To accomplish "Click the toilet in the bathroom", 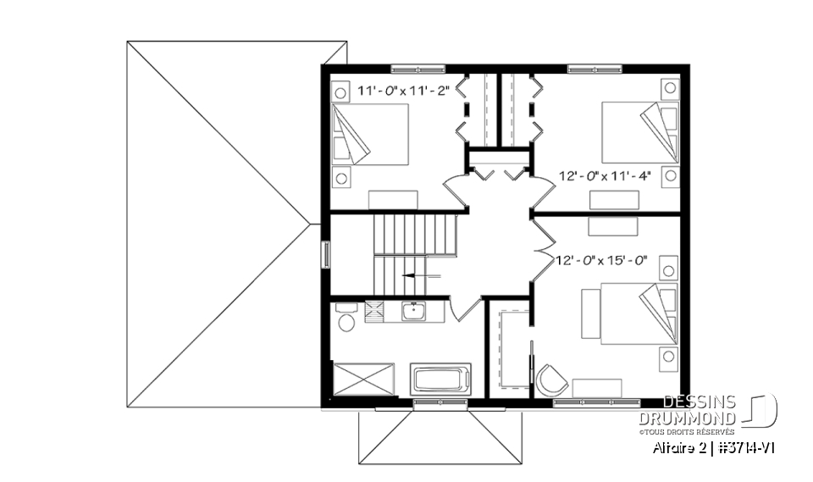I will (x=345, y=319).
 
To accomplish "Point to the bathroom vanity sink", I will (x=413, y=313).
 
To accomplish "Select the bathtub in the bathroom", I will (x=440, y=378).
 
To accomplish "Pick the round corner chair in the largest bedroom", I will (x=550, y=379).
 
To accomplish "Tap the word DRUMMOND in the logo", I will (x=687, y=418).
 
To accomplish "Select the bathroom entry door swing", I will (x=465, y=307).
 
